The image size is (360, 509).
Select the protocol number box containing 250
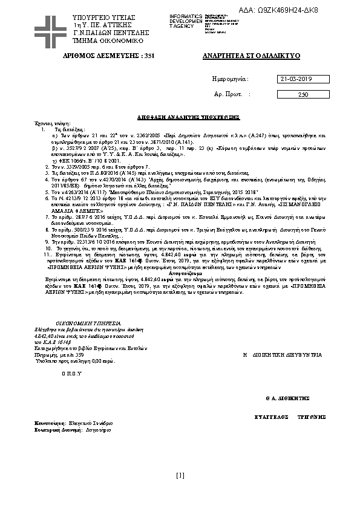(x=303, y=94)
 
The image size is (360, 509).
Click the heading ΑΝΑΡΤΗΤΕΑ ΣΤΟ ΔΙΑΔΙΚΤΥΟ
(x=250, y=56)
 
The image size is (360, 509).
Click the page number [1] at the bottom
(x=180, y=475)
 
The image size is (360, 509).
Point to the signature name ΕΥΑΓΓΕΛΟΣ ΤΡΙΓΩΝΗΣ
(x=290, y=417)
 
